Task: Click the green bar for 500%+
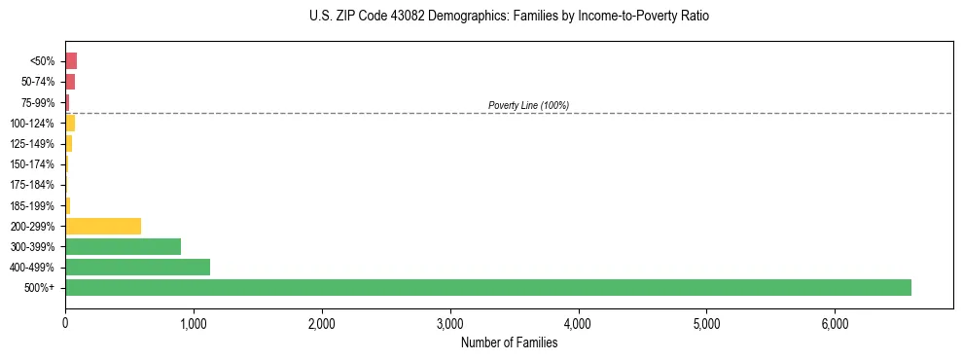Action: click(487, 287)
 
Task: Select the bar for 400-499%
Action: click(137, 267)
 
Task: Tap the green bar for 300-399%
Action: click(123, 246)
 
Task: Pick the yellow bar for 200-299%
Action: click(103, 226)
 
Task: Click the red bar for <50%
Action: click(71, 60)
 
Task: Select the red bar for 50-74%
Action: click(70, 82)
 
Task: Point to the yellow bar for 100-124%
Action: click(70, 123)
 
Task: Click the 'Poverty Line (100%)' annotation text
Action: click(528, 105)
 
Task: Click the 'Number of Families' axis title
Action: click(509, 342)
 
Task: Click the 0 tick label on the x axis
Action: click(65, 323)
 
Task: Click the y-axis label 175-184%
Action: click(32, 185)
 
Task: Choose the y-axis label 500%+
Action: click(40, 288)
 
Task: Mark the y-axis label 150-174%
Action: click(32, 164)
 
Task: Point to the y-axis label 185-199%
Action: click(32, 205)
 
